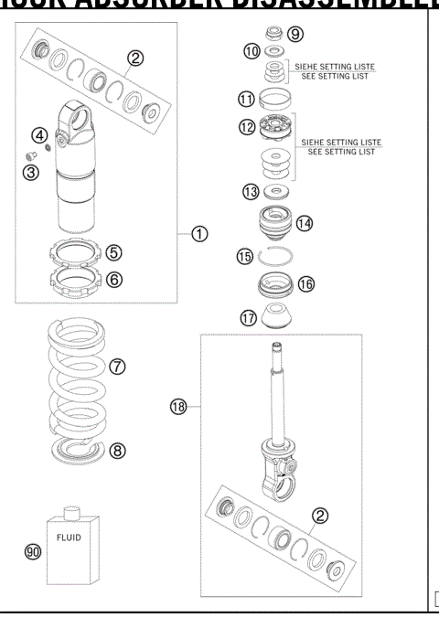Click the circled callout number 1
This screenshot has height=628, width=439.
coord(199,234)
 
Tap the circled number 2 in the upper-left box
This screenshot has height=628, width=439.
coord(135,59)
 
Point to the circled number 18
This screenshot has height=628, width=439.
coord(179,407)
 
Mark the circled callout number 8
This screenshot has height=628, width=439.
coord(118,450)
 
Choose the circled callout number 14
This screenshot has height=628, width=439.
coord(305,223)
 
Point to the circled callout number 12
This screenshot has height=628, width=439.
coord(246,128)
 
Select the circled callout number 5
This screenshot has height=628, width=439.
coord(114,252)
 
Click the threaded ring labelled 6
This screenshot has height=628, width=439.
coord(75,277)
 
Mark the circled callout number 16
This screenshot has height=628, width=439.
coord(305,284)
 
